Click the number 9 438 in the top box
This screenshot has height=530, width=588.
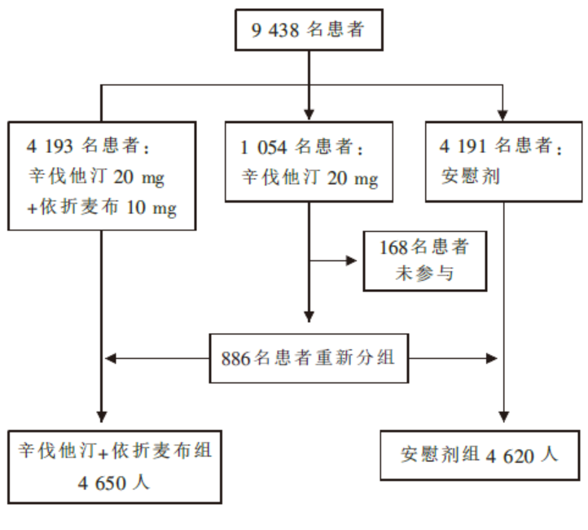275,30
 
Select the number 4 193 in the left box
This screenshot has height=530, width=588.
50,146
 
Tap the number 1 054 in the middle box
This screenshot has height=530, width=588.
263,147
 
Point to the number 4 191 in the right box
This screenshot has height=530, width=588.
463,146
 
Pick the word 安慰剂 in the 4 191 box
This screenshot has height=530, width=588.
471,176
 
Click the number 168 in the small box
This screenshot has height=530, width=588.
393,247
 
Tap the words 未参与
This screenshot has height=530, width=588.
424,273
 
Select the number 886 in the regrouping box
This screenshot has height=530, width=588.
235,359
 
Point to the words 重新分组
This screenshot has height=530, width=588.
355,357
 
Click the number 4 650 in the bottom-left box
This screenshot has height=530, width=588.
102,483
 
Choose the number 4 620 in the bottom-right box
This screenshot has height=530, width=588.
510,456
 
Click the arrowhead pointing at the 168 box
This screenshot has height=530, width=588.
351,261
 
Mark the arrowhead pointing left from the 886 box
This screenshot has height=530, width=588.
111,358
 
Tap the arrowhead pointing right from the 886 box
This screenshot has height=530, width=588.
492,358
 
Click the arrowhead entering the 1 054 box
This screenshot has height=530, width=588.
309,114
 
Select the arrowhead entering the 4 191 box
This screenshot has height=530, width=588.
502,115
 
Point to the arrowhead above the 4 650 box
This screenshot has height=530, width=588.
102,417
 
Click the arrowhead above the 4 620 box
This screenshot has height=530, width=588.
504,417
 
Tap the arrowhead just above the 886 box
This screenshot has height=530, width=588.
309,317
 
